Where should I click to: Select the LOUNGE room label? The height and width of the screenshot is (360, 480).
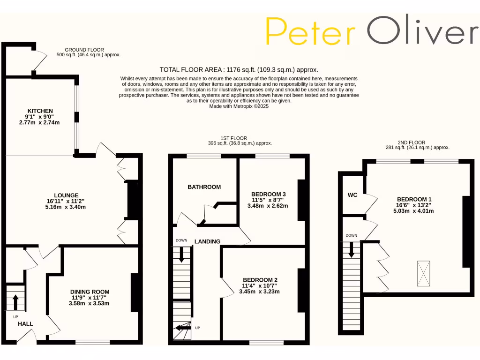coord(66,195)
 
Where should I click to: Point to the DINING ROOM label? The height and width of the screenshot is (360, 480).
coord(90,292)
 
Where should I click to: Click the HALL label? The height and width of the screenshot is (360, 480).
coord(25,324)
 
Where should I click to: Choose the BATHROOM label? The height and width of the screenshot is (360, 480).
coord(204,187)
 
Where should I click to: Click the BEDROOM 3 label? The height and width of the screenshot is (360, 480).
coord(268,194)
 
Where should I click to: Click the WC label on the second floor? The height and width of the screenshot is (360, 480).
coord(352,195)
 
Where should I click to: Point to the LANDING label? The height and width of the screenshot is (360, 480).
coord(207,242)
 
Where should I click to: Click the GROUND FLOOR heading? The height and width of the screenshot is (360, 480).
coord(84,50)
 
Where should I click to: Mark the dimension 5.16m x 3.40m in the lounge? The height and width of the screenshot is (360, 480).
coord(66,207)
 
